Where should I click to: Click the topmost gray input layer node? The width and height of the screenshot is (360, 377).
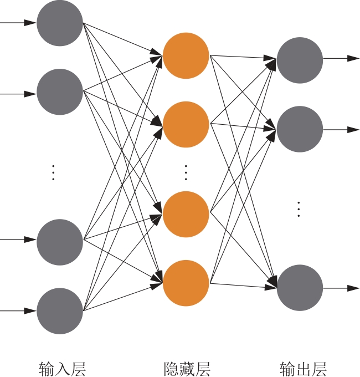coord(60,23)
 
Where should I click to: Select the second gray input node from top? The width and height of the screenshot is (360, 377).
coord(60,92)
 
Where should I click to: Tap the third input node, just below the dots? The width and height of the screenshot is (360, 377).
coord(60,242)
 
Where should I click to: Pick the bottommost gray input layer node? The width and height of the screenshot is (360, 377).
coord(60,311)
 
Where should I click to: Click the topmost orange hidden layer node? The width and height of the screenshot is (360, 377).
coord(186,55)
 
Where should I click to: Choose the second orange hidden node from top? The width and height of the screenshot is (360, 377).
coord(186,124)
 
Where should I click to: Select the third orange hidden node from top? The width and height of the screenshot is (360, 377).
coord(186,214)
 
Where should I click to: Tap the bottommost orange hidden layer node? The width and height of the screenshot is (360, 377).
coord(186,283)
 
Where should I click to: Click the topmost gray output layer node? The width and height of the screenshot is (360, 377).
coord(300,60)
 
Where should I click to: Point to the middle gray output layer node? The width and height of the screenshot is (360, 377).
coord(300,130)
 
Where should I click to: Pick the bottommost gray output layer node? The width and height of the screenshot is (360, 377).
coord(300,288)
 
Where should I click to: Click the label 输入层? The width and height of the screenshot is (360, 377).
coord(62,368)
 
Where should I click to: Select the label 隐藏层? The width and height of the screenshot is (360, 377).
coord(187,368)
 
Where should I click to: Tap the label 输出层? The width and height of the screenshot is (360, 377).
coord(304,368)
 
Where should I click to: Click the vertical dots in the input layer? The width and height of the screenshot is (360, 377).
coord(53,172)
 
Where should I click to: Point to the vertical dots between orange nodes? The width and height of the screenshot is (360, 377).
coord(186,172)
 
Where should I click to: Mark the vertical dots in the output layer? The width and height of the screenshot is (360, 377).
coord(299,209)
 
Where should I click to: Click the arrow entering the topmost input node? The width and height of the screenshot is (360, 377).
coord(19,23)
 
